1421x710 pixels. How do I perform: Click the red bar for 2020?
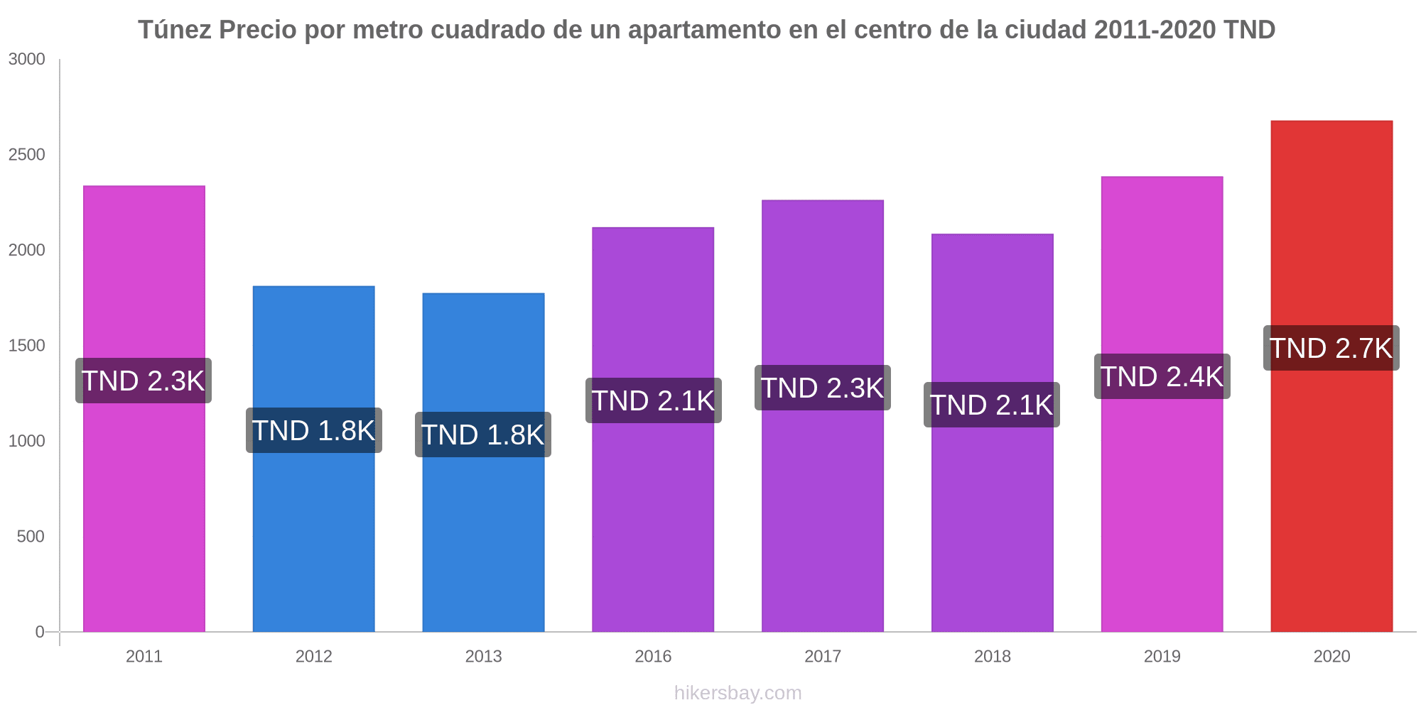point(1331,497)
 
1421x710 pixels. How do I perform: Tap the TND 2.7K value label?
point(1331,348)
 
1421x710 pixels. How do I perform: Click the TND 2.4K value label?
point(1162,376)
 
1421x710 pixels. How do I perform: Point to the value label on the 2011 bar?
point(144,381)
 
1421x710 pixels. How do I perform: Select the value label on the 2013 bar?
point(483,435)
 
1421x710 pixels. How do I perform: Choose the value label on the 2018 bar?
point(992,405)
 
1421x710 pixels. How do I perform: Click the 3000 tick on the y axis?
point(27,60)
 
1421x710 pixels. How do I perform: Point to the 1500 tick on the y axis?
point(27,346)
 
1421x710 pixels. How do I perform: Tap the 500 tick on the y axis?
point(31,537)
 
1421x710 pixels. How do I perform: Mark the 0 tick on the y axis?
point(40,632)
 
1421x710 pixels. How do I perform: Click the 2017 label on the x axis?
point(823,656)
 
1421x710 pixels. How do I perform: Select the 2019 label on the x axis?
point(1162,656)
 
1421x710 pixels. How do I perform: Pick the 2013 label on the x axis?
point(483,656)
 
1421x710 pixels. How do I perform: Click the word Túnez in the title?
point(174,30)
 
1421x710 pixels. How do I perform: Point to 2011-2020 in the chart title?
point(1155,30)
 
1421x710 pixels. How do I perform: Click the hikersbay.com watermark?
point(737,693)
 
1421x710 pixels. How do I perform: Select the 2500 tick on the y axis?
point(27,155)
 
